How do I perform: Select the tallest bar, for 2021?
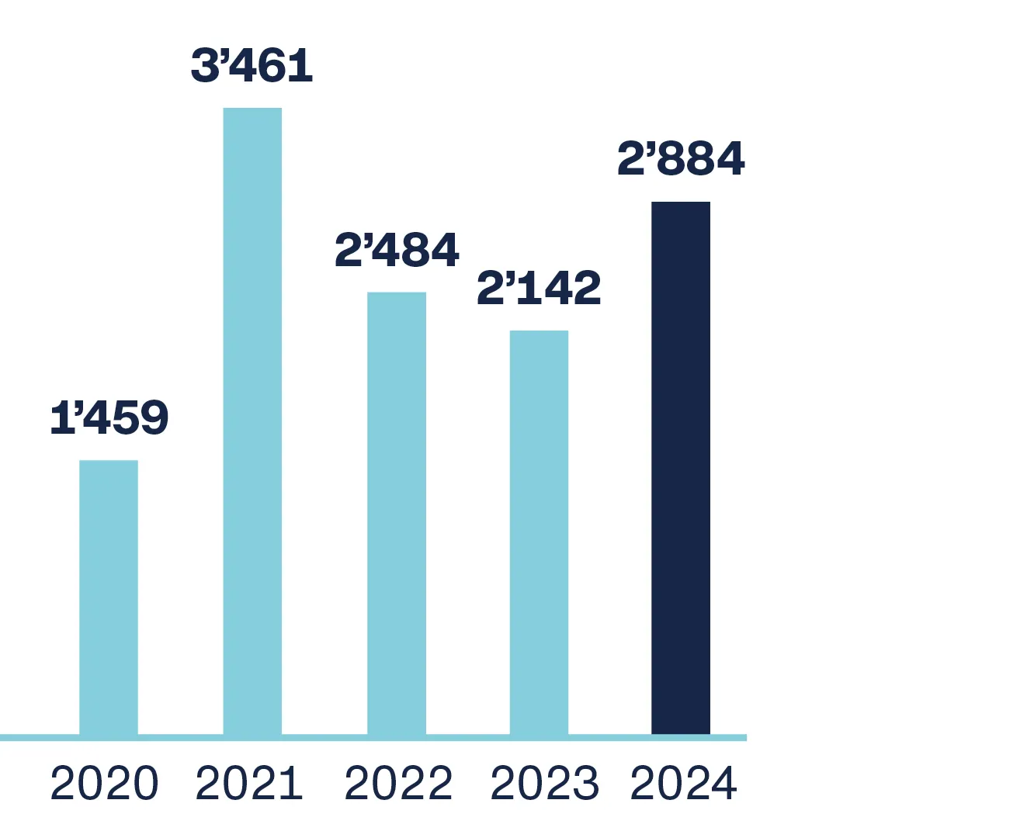click(x=252, y=420)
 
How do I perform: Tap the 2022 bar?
click(x=397, y=512)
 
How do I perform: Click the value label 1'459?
click(x=109, y=418)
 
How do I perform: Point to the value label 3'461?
click(x=252, y=66)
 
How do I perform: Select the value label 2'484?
click(x=397, y=251)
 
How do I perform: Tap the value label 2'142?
click(x=539, y=289)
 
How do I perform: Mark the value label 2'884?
click(x=681, y=159)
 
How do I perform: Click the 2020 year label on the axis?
click(x=104, y=784)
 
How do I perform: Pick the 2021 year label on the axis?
click(x=248, y=784)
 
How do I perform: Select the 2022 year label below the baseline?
click(x=398, y=784)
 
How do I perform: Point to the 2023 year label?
click(x=544, y=784)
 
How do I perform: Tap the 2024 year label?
click(x=683, y=784)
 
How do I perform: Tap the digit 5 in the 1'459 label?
click(x=126, y=418)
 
